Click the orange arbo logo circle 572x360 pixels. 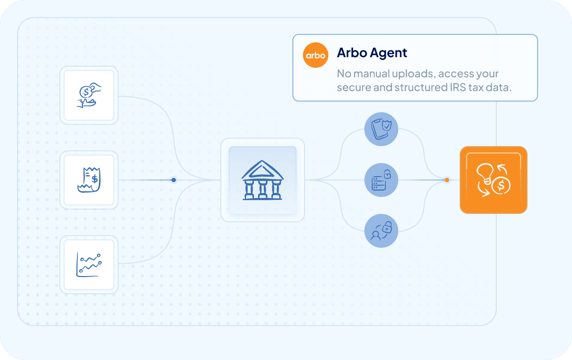tap(316, 55)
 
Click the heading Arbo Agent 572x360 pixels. tap(372, 53)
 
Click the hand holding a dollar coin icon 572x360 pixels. tap(89, 95)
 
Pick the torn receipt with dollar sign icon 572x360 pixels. tap(89, 180)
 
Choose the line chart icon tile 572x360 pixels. tap(89, 265)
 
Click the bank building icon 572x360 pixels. tap(262, 180)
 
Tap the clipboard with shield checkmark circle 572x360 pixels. tap(381, 129)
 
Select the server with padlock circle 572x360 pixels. tap(381, 180)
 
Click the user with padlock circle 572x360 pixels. tap(381, 231)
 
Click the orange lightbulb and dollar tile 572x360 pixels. tap(493, 180)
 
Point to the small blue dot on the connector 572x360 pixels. tap(174, 180)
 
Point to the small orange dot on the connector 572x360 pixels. tap(447, 180)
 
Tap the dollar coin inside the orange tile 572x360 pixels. tap(501, 186)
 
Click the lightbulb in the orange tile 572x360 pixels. tap(485, 173)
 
